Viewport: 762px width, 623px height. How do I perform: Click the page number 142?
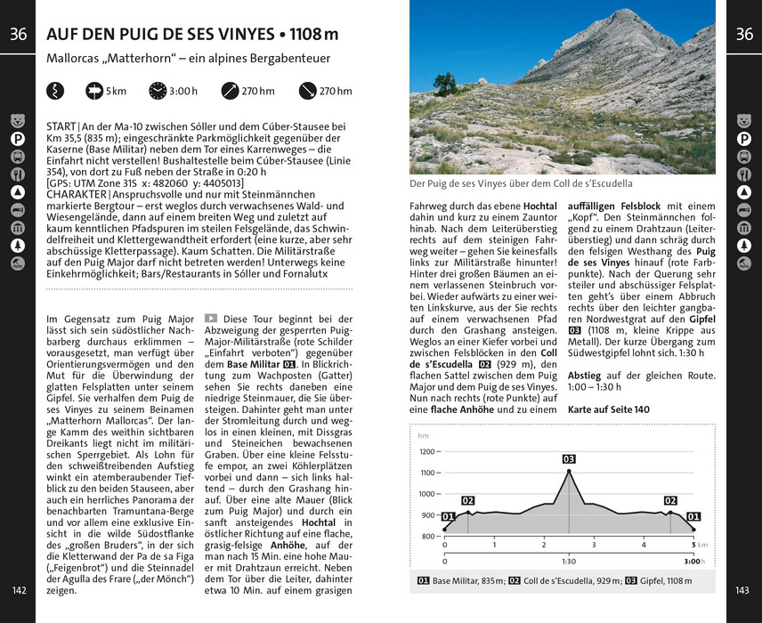coord(18,591)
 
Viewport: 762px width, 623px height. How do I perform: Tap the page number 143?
coord(743,591)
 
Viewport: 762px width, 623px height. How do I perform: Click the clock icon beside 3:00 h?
coord(158,91)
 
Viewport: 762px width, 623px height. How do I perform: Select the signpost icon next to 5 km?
coord(94,91)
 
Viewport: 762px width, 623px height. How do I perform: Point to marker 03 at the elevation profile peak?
coord(569,459)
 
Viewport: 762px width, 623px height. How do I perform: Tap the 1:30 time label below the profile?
coord(569,562)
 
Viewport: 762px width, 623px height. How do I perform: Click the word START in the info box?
coord(61,127)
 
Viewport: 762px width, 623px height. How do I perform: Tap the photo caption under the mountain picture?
coord(521,184)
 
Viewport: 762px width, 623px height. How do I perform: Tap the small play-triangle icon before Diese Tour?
coord(211,318)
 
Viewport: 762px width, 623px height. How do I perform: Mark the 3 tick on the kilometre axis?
coord(594,545)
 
